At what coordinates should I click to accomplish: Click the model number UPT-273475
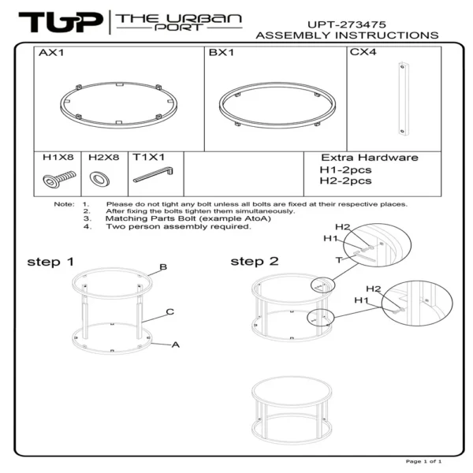click(x=347, y=24)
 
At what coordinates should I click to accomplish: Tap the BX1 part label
click(x=220, y=54)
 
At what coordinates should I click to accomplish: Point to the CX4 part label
click(x=363, y=54)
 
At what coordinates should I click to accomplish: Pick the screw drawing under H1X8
click(x=57, y=180)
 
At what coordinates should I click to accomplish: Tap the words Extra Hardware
click(x=370, y=158)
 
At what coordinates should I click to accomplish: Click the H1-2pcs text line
click(x=345, y=169)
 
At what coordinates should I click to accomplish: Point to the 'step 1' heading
click(x=50, y=261)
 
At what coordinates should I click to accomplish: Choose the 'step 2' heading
click(x=254, y=261)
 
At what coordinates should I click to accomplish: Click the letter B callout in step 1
click(x=163, y=267)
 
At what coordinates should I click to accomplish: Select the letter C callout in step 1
click(x=169, y=312)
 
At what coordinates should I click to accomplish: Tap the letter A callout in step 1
click(x=176, y=345)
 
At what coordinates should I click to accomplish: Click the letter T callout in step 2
click(x=338, y=259)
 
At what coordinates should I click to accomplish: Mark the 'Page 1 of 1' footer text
click(x=423, y=461)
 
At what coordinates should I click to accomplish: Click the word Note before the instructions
click(x=64, y=204)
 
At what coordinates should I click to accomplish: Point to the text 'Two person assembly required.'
click(x=178, y=226)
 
